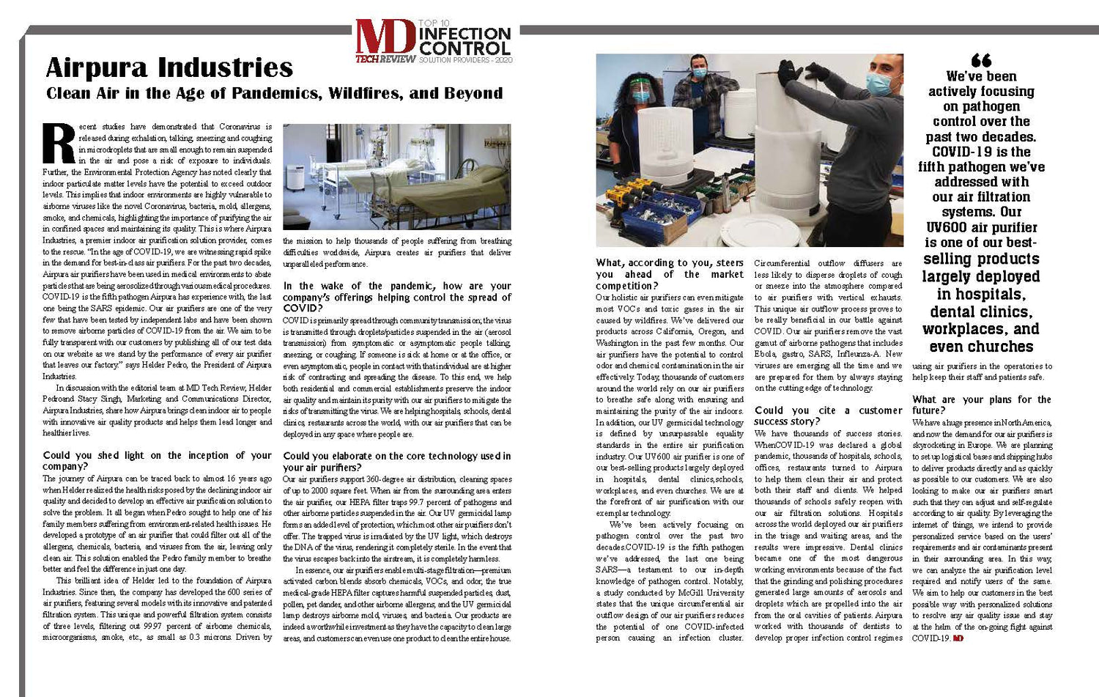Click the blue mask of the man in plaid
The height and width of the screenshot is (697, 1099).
click(x=699, y=73)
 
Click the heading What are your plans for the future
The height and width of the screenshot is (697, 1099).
click(x=981, y=405)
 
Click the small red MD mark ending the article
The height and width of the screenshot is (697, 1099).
click(x=958, y=638)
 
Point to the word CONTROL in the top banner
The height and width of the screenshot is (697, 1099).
click(x=465, y=48)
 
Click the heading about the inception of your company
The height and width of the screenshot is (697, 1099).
click(x=157, y=460)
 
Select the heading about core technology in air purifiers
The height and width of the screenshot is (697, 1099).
click(x=396, y=461)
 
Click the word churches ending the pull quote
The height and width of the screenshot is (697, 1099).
click(x=981, y=347)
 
